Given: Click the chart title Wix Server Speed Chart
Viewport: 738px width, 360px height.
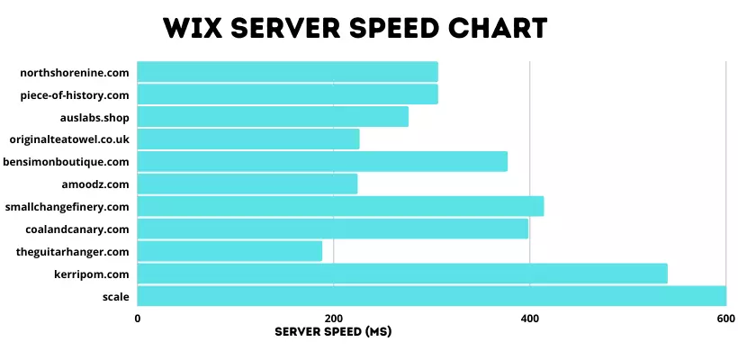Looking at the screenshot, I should (x=355, y=28).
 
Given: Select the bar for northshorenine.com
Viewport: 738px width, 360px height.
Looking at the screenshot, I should (x=287, y=71).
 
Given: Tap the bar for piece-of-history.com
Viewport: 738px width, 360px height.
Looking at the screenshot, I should (x=287, y=94).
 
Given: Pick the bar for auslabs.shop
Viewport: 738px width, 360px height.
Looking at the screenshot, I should (x=273, y=116).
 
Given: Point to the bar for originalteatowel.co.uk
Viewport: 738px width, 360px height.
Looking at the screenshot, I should (x=248, y=139).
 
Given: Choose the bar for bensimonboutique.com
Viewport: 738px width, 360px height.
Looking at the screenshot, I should (x=322, y=161).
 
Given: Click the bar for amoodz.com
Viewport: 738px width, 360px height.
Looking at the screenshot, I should (x=247, y=184).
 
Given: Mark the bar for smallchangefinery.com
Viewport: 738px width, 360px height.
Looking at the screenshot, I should (x=340, y=206).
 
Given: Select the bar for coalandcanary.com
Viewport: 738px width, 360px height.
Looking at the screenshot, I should (x=333, y=229).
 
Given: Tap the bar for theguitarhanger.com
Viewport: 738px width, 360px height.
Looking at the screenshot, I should (x=229, y=251).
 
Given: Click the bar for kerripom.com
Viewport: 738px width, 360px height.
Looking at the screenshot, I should (x=402, y=273).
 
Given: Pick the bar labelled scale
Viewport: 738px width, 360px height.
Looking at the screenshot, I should (x=431, y=295).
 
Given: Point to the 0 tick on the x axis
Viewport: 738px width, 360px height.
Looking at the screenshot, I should (x=137, y=319).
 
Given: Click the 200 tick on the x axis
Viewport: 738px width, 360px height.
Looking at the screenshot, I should (x=333, y=319).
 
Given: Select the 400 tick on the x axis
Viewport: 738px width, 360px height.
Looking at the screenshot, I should (x=530, y=319).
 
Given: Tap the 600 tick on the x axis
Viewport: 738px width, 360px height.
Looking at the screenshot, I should (x=725, y=319).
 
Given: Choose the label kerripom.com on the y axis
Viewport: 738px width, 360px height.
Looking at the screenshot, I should (x=92, y=274).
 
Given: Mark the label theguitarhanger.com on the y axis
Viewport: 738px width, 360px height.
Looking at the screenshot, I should (x=73, y=251).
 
